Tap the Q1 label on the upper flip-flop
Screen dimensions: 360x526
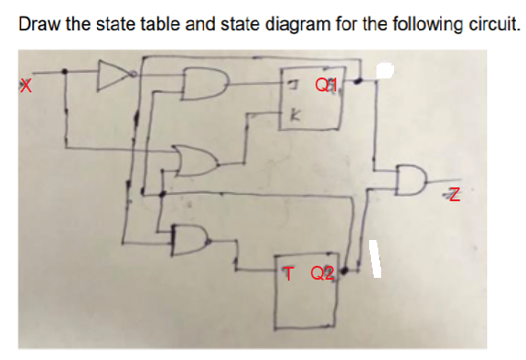tap(323, 85)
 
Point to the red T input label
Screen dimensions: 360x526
tap(290, 272)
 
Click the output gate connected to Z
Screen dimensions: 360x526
tap(412, 181)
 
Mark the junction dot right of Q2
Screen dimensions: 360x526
tap(344, 273)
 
